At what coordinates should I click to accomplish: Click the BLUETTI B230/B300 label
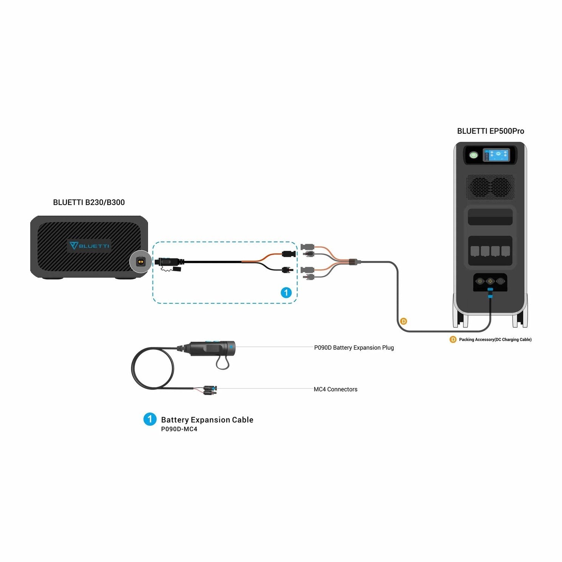point(89,202)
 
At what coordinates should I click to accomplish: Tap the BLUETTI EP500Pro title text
point(491,131)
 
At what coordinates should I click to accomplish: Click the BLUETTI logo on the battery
point(90,246)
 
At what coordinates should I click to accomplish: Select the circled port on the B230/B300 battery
point(140,261)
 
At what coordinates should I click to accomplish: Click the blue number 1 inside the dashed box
point(286,292)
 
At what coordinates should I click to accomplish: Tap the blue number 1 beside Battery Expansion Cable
point(150,419)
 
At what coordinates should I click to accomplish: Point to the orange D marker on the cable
point(403,321)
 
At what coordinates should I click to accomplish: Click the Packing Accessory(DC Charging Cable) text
point(495,340)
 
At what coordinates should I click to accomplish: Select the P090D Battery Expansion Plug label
point(354,347)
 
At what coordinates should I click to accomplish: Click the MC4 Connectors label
point(335,389)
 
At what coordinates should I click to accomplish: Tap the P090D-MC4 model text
point(179,429)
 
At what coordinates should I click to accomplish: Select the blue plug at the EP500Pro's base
point(490,292)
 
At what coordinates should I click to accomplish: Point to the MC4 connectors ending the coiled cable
point(210,390)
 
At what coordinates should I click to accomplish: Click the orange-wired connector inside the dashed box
point(289,253)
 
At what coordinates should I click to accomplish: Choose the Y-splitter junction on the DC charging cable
point(353,261)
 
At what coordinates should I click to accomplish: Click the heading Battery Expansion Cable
point(207,420)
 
